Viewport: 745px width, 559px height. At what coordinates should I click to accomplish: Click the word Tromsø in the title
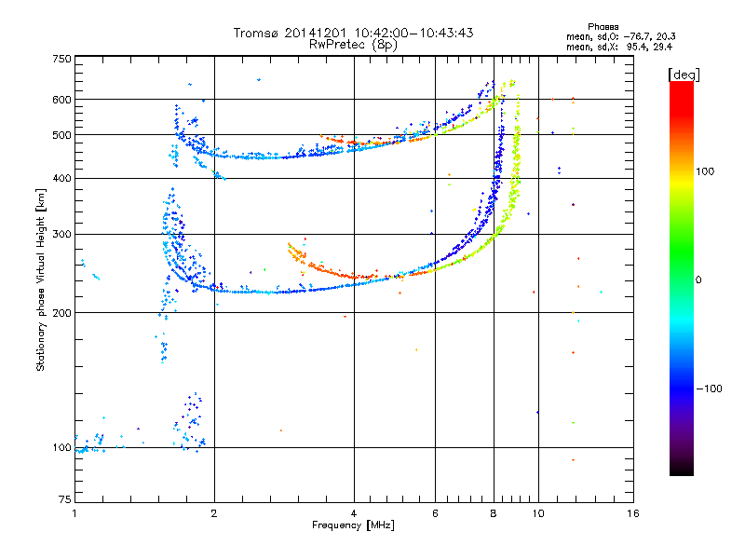pos(255,33)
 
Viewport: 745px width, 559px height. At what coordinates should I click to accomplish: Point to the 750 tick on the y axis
pos(62,59)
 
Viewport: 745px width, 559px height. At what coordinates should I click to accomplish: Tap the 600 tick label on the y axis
pos(62,100)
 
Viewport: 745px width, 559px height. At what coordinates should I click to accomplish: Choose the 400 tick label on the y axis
pos(62,179)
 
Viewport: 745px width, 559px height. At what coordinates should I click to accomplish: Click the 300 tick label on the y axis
pos(62,235)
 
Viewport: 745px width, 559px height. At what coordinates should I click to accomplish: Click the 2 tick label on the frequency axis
pos(214,513)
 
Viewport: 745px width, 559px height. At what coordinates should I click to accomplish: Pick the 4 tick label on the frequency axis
pos(354,513)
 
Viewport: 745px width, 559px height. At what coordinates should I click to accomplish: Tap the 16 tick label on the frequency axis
pos(632,513)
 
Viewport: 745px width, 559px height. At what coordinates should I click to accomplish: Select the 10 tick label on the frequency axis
pos(538,513)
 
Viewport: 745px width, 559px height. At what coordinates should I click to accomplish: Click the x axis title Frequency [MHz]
pos(353,525)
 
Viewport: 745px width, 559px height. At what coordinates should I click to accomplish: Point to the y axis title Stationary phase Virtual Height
pos(41,279)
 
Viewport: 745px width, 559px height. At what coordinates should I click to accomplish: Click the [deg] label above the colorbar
pos(683,74)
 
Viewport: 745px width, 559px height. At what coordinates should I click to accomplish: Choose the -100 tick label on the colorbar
pos(709,388)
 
